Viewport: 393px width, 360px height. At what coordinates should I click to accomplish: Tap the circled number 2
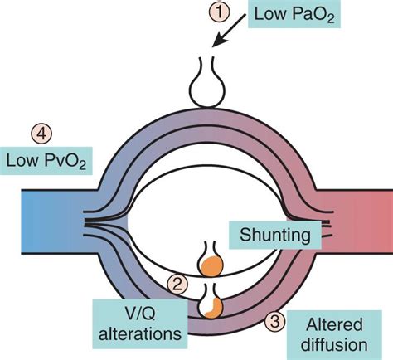pos(176,284)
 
